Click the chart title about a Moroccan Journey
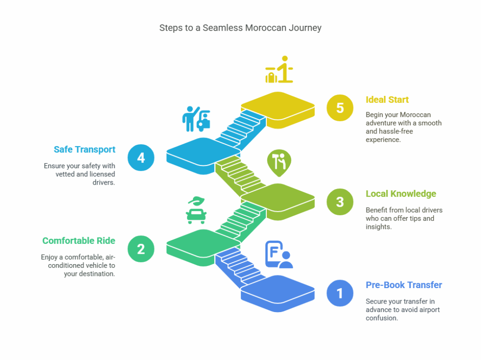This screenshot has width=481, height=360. (x=240, y=28)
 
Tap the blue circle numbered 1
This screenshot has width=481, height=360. (x=340, y=293)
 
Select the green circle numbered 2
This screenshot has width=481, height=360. (x=141, y=249)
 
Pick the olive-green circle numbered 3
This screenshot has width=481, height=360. (x=340, y=202)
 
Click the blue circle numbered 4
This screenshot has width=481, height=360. (x=141, y=157)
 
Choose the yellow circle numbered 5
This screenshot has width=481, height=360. (x=340, y=108)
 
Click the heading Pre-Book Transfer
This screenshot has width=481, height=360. (x=403, y=285)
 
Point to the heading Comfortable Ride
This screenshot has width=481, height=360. (x=78, y=241)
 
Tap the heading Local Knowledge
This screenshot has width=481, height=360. (x=401, y=194)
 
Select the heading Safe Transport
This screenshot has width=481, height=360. (x=84, y=149)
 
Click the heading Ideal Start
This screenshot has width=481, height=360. (x=387, y=100)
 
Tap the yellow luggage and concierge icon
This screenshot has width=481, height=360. (x=279, y=70)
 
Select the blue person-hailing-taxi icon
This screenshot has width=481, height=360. (x=196, y=118)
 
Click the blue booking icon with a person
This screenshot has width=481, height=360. (x=279, y=254)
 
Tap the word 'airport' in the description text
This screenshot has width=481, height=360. (x=427, y=310)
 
